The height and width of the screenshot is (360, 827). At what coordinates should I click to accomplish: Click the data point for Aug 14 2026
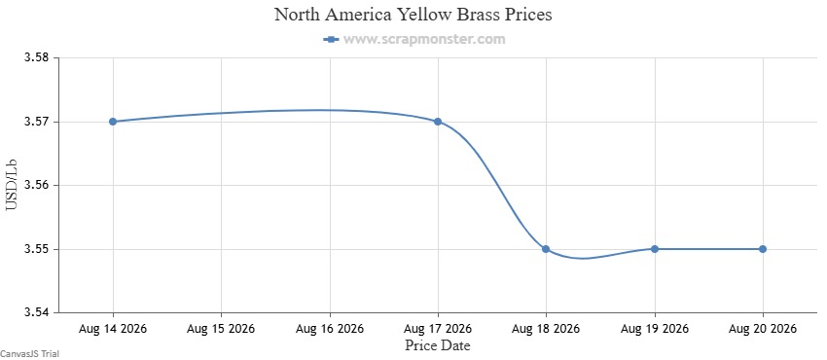point(113,122)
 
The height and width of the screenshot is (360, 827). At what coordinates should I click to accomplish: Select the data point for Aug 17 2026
point(438,122)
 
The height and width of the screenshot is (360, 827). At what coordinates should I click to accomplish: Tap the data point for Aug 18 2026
point(546,249)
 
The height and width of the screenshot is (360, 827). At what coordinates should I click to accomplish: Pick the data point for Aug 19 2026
point(655,249)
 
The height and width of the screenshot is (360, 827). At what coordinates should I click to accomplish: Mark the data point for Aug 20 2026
point(763,249)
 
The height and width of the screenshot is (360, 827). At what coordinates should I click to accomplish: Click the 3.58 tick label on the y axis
point(37,57)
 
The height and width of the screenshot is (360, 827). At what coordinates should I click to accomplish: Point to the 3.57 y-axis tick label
point(37,122)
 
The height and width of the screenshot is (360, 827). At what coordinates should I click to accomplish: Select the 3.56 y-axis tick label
point(37,186)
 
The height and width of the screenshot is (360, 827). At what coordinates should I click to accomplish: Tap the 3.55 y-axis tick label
point(37,249)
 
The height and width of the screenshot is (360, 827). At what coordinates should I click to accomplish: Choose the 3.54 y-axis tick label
point(37,313)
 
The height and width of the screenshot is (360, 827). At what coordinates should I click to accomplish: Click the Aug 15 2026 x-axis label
point(221,329)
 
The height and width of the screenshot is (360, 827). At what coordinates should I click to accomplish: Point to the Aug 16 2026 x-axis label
point(330,329)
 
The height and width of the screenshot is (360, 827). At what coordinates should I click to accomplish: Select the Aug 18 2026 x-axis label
point(546,329)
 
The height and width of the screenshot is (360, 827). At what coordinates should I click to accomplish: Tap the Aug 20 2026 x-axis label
point(763,329)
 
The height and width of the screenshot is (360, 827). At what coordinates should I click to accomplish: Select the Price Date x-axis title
point(438,345)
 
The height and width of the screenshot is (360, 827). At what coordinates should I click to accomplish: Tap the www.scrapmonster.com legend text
point(424,39)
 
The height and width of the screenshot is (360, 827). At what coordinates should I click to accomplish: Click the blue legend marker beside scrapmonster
point(331,39)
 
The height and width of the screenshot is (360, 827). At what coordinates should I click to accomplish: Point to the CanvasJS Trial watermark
point(29,354)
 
